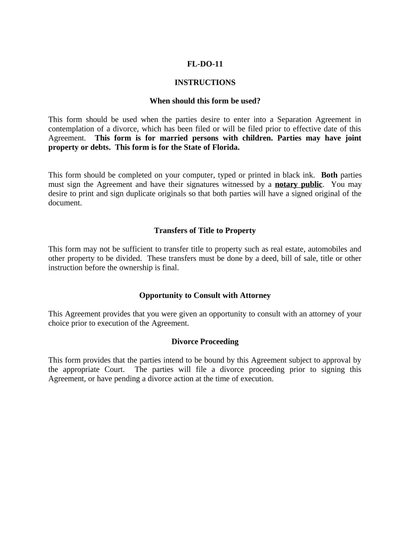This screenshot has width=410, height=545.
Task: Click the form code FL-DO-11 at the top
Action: point(204,64)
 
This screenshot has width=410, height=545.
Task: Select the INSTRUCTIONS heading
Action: point(204,82)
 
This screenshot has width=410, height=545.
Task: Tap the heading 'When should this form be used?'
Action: point(204,101)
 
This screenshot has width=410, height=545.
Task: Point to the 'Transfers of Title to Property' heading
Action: point(204,230)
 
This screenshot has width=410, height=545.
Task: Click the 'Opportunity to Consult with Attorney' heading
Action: point(204,295)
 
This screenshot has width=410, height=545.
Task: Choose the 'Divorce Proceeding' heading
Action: point(204,342)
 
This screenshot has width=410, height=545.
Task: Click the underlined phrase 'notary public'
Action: point(298,185)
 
